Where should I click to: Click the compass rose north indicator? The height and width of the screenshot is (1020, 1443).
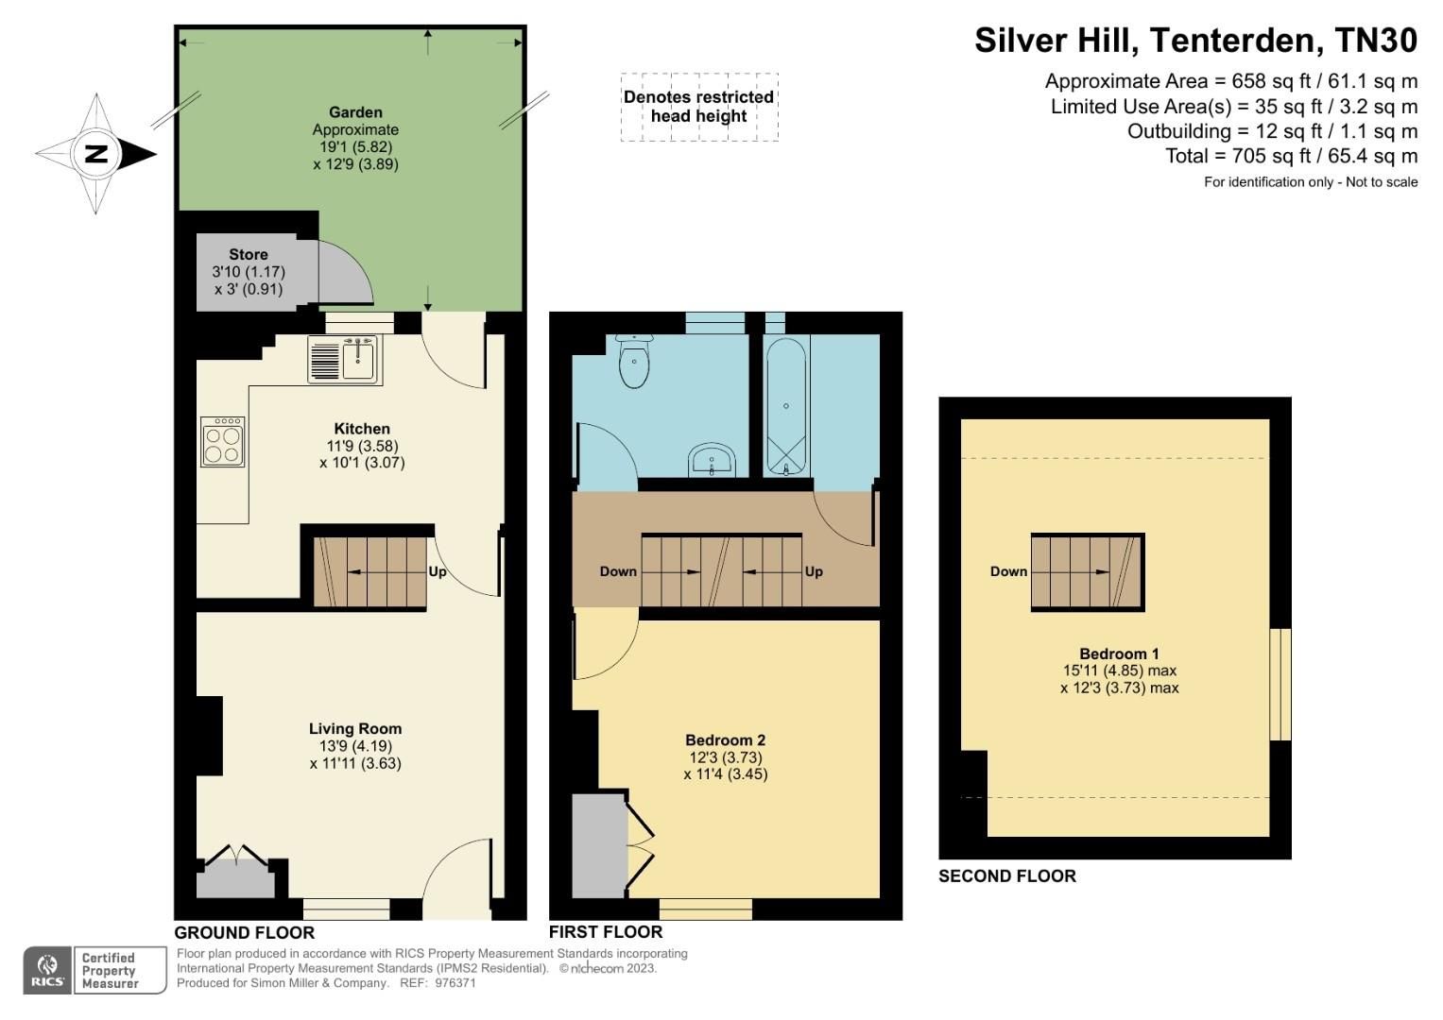[x=96, y=153]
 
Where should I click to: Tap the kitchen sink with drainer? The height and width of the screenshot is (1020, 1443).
[x=343, y=360]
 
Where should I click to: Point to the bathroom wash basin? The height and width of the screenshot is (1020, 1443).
[x=712, y=461]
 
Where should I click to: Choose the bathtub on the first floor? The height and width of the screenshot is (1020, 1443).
[x=785, y=408]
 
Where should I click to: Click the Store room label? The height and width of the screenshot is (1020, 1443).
[x=249, y=254]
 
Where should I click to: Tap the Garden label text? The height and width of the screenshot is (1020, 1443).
[x=355, y=112]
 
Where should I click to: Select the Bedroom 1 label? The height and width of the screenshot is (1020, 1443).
[x=1119, y=654]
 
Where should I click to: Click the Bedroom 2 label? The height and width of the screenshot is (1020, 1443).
[x=725, y=740]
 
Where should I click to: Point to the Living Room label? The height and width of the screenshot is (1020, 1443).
[x=355, y=728]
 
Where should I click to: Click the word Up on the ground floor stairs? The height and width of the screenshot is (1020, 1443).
[x=438, y=571]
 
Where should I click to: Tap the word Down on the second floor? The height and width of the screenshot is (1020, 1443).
[x=1008, y=571]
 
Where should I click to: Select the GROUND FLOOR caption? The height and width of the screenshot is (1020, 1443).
[x=245, y=932]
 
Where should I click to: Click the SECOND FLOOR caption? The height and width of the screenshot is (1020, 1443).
[x=1006, y=876]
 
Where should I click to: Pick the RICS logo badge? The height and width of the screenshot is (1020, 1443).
[x=47, y=970]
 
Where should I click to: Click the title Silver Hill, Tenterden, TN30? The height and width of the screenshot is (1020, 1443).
[x=1195, y=41]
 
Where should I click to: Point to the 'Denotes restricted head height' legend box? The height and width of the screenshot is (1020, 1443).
[x=699, y=107]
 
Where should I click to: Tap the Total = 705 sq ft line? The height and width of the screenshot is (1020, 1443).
[x=1291, y=156]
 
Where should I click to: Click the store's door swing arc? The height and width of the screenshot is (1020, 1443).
[x=346, y=273]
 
